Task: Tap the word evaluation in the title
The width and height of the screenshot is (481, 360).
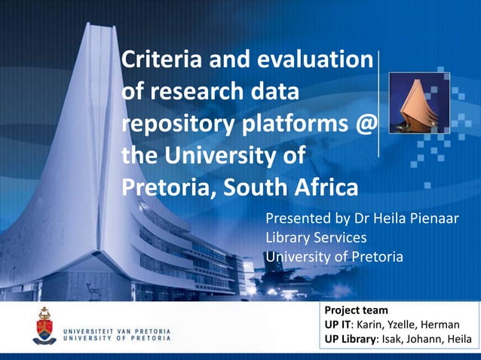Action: click(316, 59)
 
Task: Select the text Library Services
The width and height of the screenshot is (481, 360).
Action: click(316, 238)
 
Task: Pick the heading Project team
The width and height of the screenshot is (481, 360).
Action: click(356, 310)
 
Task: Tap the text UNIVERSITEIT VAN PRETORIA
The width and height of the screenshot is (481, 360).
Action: click(116, 331)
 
